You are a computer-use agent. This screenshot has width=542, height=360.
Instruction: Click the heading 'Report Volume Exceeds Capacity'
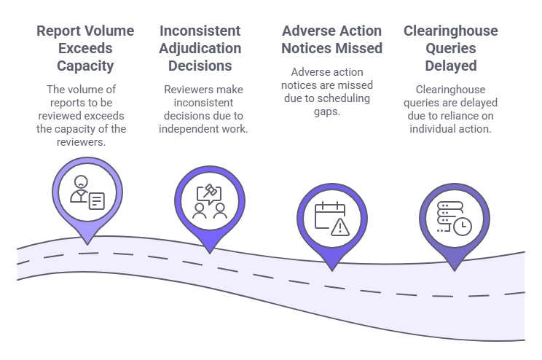coord(87,48)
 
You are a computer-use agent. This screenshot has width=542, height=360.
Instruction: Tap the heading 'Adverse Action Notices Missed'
coord(331,39)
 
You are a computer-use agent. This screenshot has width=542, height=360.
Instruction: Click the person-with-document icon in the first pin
coord(87,189)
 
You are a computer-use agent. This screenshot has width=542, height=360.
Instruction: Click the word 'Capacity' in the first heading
coord(87,66)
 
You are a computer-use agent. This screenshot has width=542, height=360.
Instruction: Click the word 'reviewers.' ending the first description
coord(87,142)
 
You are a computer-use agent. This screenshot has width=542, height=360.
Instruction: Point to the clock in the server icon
coord(462,227)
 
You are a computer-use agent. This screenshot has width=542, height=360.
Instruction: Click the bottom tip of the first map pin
coord(87,242)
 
